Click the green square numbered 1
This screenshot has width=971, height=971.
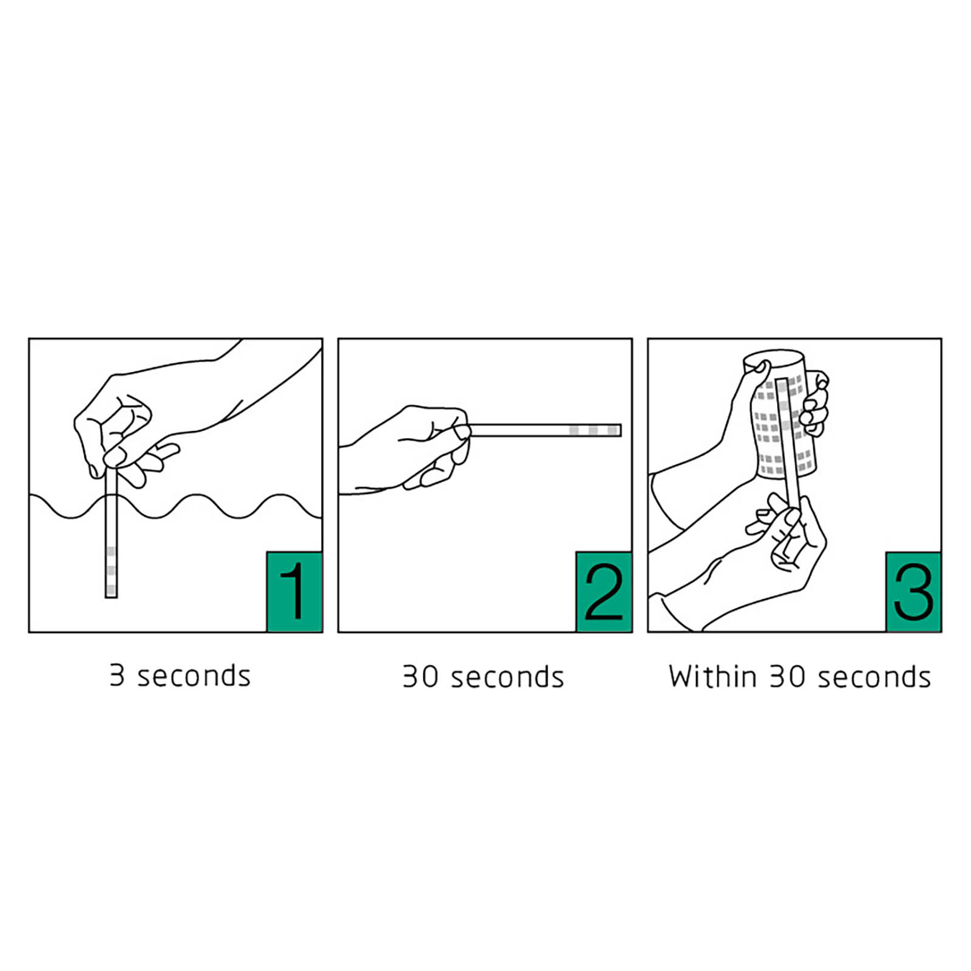point(294,592)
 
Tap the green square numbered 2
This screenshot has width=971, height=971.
point(604,592)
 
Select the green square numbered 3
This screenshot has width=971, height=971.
point(913,592)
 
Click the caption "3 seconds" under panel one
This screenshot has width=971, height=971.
point(180,675)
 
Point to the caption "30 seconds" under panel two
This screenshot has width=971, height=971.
point(483,676)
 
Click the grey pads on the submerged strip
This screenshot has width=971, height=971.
point(111,570)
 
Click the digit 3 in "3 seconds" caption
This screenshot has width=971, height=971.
point(117,675)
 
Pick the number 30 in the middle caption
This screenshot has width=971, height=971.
point(421,676)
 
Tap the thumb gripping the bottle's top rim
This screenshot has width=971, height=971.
point(759,368)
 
